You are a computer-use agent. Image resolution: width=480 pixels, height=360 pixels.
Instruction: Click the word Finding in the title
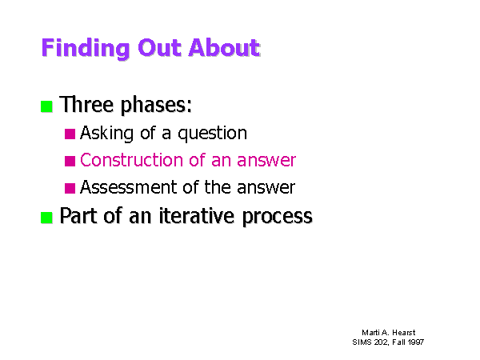86,48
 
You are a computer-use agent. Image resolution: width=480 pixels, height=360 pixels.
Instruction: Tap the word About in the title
224,48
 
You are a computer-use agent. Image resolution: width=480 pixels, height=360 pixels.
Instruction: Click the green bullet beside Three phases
46,106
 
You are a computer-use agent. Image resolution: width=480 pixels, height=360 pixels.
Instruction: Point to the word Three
86,104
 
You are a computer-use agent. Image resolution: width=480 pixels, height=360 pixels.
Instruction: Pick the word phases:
156,106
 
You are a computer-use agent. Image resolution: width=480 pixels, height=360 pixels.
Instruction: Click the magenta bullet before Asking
70,134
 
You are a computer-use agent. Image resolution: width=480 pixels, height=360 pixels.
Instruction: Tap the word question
213,134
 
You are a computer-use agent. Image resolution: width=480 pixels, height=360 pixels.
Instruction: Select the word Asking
107,134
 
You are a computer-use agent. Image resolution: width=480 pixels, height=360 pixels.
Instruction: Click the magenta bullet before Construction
70,161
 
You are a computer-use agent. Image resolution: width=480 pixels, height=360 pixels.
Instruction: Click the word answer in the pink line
266,161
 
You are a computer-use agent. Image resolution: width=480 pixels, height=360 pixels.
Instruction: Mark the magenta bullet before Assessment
70,188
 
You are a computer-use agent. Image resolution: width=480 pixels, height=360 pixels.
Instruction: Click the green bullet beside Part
46,218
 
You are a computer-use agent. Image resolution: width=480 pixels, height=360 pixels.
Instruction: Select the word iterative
197,215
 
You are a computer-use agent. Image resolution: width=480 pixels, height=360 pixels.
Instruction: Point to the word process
278,217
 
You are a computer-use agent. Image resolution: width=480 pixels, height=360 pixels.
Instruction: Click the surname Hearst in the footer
404,333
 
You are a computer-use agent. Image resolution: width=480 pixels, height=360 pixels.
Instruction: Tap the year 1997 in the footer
416,342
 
